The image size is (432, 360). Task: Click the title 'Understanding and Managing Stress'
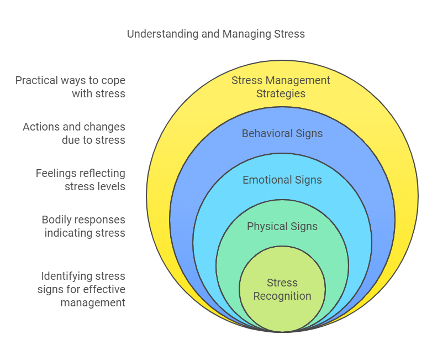click(x=215, y=34)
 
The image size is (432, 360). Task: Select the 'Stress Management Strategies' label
click(x=281, y=87)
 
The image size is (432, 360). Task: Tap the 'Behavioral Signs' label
click(x=282, y=133)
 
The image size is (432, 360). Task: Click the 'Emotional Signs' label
click(x=282, y=180)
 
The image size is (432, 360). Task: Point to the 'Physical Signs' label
click(x=282, y=226)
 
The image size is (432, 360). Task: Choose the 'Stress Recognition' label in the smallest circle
click(x=282, y=289)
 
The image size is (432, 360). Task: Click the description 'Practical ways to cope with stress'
click(x=70, y=87)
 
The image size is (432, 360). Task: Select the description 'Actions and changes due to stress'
click(x=74, y=133)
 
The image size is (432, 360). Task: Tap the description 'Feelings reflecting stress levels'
click(x=81, y=180)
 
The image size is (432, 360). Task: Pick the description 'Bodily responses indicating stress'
click(x=83, y=226)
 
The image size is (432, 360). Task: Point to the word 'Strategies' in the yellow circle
click(x=281, y=93)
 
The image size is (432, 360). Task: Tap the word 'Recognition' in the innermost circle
click(x=282, y=296)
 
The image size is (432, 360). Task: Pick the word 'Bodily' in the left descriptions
click(x=58, y=220)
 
